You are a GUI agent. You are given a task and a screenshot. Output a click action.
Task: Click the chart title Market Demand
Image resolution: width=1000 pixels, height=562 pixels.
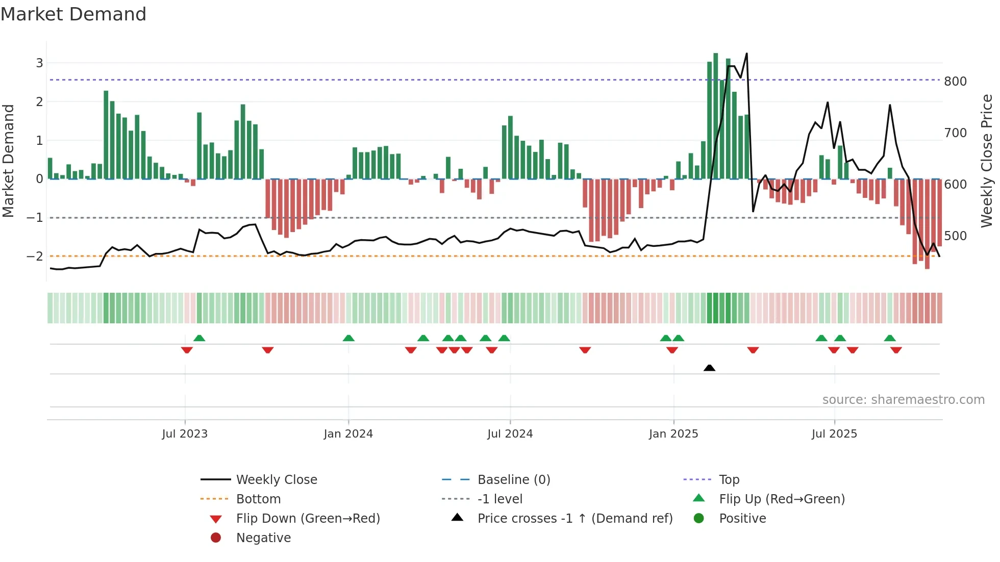tap(73, 14)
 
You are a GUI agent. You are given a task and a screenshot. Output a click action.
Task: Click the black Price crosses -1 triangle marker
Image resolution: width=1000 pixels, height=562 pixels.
tap(709, 368)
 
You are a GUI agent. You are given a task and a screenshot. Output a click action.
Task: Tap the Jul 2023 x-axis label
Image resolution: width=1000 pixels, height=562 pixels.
tap(185, 434)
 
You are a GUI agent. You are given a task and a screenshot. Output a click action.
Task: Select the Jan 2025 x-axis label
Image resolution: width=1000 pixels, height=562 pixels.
tap(673, 434)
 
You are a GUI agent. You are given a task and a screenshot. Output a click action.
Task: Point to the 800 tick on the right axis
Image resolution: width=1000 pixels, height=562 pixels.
tap(955, 82)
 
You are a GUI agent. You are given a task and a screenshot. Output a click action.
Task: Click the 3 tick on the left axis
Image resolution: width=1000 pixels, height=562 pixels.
tap(39, 63)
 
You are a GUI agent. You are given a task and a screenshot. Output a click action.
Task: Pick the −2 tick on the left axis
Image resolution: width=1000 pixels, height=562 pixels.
tap(35, 256)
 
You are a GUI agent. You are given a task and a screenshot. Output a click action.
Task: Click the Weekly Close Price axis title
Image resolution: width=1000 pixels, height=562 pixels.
tap(987, 161)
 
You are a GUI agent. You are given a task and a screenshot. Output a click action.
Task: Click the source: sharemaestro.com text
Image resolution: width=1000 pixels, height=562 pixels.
tap(903, 400)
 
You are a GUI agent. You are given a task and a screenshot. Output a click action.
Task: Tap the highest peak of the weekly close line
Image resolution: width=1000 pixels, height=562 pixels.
tap(747, 54)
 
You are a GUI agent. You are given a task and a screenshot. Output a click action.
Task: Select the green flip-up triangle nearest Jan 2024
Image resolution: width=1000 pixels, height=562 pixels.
tap(348, 338)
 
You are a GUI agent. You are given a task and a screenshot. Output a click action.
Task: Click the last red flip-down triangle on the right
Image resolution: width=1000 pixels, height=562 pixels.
tap(896, 350)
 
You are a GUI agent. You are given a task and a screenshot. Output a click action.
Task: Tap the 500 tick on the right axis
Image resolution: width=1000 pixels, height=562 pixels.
tap(955, 236)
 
